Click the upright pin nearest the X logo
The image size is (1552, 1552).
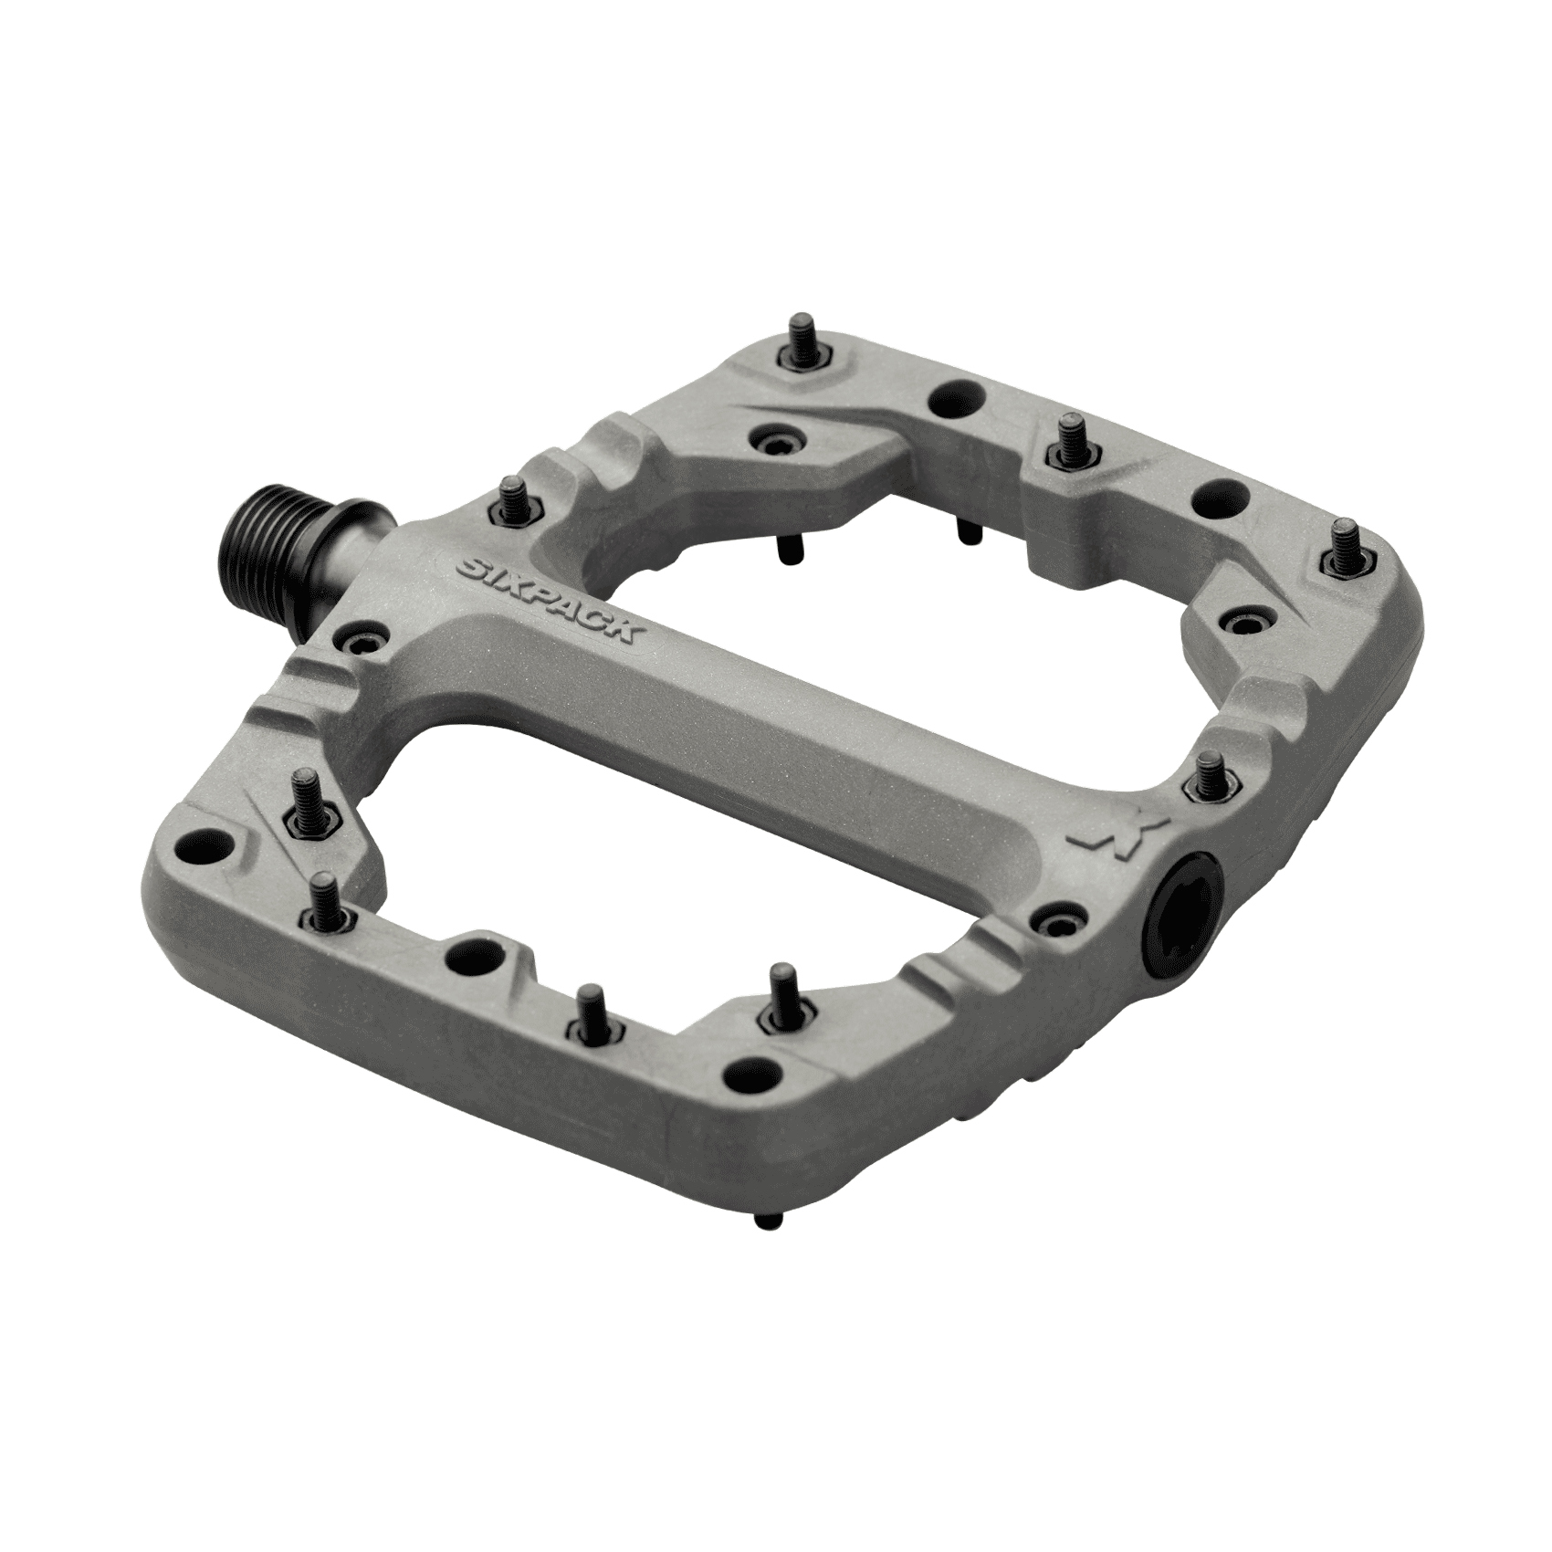coord(1210,772)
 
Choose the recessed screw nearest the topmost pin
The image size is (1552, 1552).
coord(778,438)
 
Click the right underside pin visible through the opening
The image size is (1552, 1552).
coord(962,530)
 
